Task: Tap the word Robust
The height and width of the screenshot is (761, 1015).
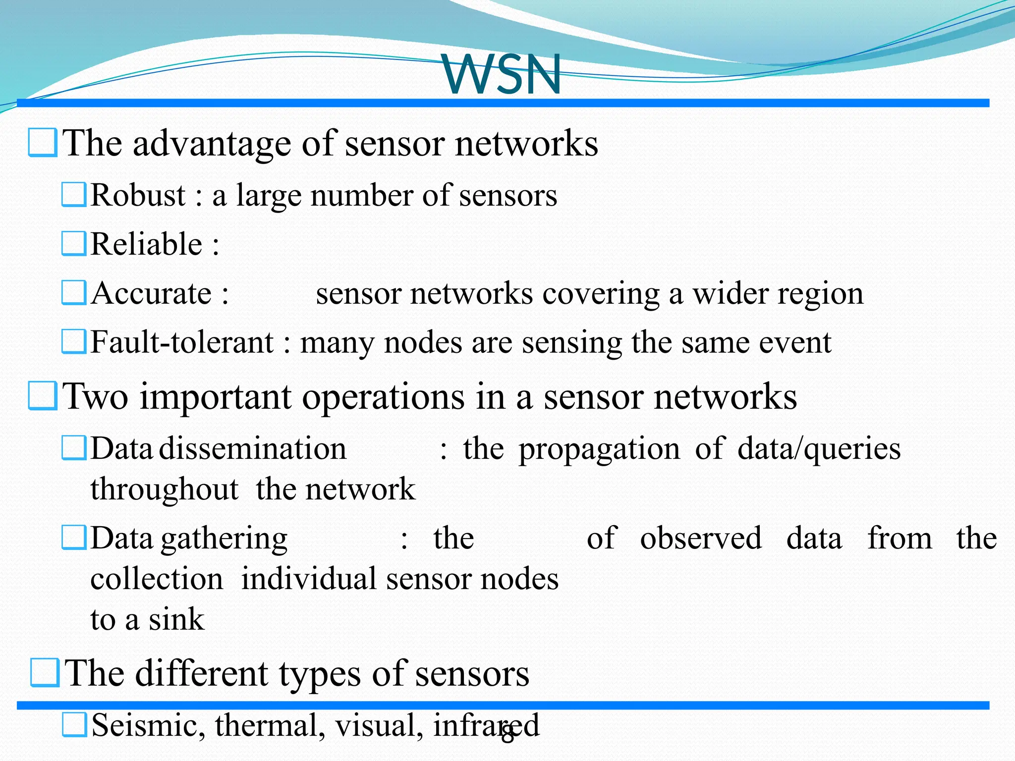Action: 138,195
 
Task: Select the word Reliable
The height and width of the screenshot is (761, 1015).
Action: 147,244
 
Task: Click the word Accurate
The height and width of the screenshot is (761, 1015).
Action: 152,293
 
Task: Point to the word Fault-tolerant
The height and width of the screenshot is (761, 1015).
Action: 182,342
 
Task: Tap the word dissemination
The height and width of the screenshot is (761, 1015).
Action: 253,449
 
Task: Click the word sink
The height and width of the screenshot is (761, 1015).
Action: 176,619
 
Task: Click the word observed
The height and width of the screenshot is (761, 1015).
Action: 701,539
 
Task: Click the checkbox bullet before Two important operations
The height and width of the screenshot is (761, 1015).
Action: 43,396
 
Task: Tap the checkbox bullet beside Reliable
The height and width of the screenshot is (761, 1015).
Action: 74,244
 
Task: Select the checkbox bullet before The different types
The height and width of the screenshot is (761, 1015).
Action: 45,673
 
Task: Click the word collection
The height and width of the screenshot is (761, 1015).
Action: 157,579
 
